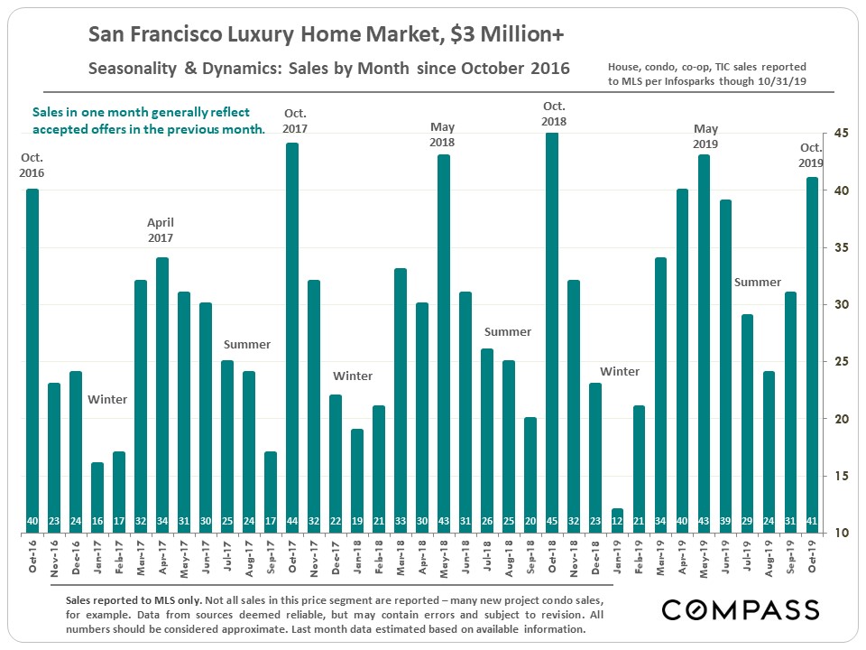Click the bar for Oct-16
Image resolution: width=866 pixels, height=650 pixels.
(32, 361)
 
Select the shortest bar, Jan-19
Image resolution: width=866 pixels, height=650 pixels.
(617, 520)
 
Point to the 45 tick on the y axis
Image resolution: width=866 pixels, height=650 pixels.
(842, 134)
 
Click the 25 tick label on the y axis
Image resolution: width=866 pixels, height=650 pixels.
(842, 362)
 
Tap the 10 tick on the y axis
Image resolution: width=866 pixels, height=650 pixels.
(842, 533)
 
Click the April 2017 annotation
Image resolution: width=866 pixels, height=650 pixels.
(161, 230)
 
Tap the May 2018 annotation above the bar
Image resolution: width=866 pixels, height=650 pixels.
(442, 135)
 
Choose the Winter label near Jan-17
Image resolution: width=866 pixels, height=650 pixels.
(107, 399)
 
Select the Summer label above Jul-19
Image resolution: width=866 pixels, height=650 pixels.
(758, 283)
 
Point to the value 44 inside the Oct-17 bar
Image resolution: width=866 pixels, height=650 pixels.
(292, 522)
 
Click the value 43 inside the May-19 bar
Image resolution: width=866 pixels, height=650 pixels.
(704, 522)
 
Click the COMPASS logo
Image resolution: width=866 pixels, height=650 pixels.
(740, 609)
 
